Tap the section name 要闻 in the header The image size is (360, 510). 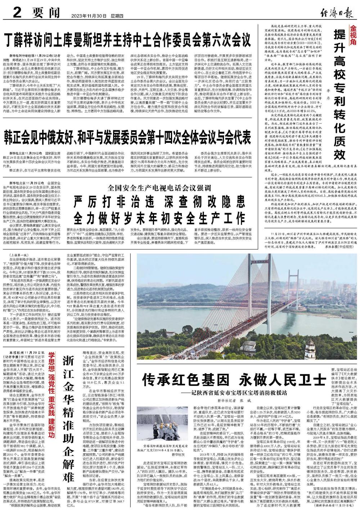point(45,14)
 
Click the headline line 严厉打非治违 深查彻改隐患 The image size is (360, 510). point(159,202)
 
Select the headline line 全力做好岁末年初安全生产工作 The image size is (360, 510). point(159,217)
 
